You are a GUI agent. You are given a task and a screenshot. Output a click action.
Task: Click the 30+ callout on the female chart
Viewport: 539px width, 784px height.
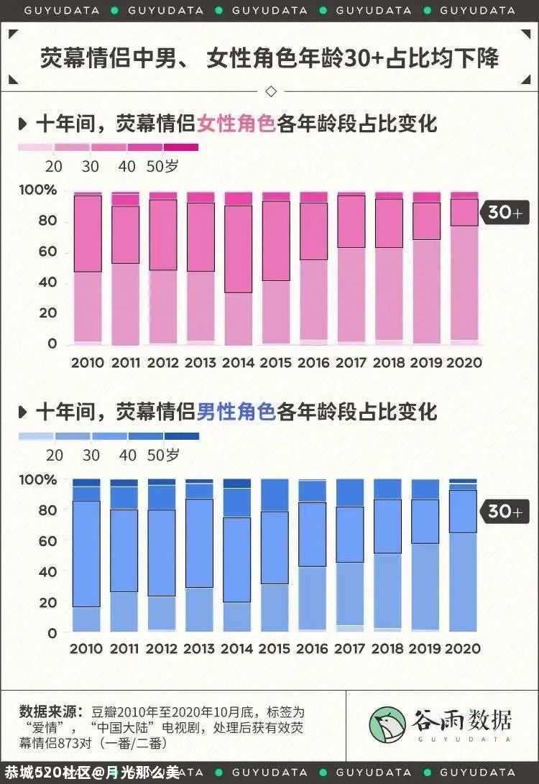point(506,212)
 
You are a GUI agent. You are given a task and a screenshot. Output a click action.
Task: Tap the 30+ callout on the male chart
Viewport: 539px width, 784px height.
point(506,511)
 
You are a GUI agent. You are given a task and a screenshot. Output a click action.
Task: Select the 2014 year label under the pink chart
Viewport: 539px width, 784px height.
point(238,363)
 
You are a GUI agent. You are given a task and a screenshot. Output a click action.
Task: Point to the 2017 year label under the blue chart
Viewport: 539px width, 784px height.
point(351,648)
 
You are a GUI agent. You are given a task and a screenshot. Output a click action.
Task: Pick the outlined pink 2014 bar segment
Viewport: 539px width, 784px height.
point(238,249)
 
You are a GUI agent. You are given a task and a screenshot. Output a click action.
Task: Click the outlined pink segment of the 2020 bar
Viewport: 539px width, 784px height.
point(464,212)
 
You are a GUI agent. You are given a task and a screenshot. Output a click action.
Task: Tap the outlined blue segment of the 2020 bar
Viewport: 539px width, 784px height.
point(464,511)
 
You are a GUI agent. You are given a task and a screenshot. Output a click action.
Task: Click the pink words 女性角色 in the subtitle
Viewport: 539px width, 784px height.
point(236,123)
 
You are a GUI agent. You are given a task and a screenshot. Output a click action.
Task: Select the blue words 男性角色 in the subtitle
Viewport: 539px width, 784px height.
point(236,412)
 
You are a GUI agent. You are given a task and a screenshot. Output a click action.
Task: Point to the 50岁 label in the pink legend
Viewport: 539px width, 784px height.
point(162,167)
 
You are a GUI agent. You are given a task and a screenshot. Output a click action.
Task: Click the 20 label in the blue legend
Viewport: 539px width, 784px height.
point(55,455)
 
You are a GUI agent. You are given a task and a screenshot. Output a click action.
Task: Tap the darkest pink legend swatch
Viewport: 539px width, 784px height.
point(180,147)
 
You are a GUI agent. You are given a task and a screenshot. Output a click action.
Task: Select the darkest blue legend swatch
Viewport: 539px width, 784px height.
point(181,436)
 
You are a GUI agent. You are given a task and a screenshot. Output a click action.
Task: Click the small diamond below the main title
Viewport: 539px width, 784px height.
point(271,91)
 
